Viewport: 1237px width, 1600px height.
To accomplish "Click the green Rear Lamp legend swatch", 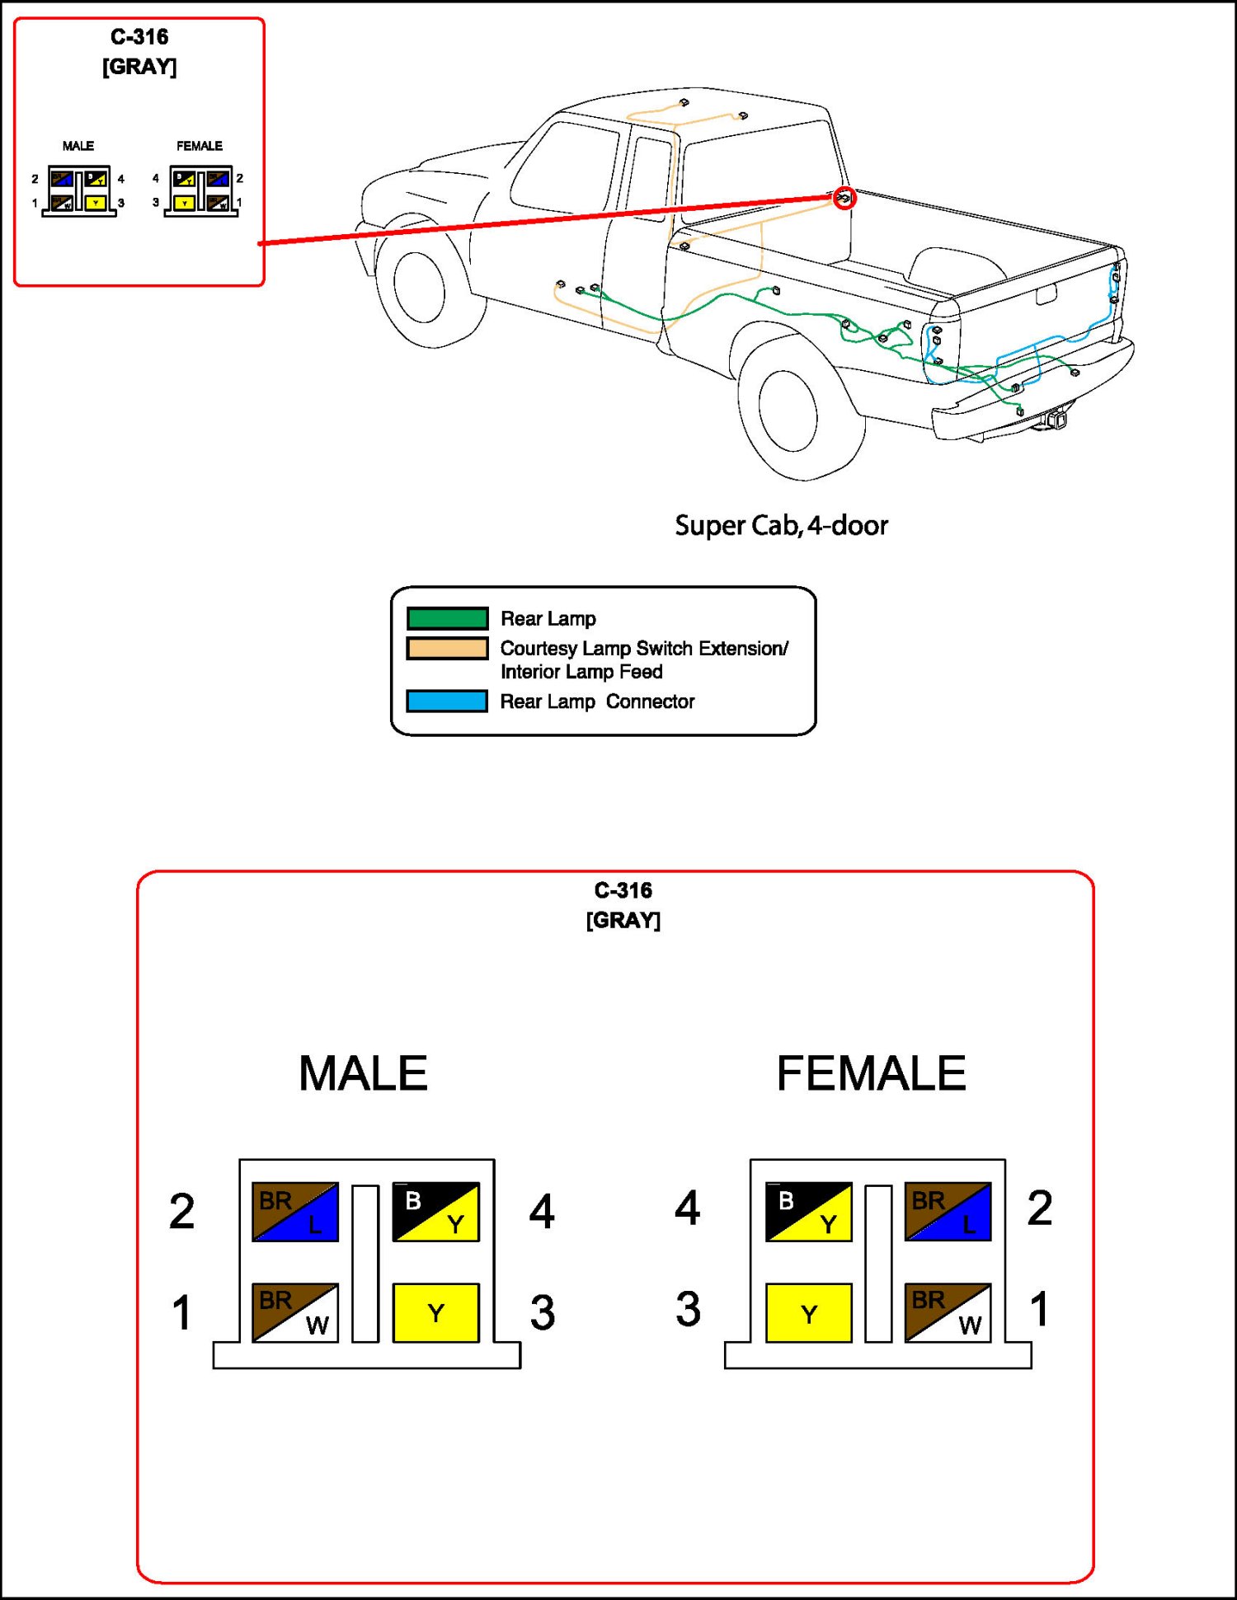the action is [x=447, y=618].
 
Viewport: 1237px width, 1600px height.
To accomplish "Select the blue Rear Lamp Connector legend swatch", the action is [x=447, y=701].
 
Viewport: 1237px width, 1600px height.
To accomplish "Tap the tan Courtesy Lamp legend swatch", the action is [x=447, y=649].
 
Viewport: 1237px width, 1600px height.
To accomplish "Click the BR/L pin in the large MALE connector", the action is [x=295, y=1212].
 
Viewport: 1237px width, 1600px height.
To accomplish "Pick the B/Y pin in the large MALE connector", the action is [x=435, y=1212].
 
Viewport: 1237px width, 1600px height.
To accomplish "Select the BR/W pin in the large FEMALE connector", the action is [x=948, y=1312].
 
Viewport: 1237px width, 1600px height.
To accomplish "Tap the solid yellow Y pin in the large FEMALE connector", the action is [x=808, y=1312].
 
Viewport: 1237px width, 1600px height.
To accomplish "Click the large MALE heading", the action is [x=363, y=1073].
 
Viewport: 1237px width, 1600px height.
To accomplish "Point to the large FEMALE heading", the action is [x=871, y=1073].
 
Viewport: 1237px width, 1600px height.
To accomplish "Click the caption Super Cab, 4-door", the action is [x=781, y=525].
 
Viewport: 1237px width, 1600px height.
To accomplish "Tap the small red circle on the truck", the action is [x=844, y=198].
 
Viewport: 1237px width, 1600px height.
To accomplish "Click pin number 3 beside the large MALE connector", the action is [x=542, y=1312].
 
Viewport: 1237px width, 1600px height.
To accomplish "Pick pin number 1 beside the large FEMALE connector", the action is [x=1040, y=1309].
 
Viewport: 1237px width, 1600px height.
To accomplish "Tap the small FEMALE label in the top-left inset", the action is [x=200, y=146].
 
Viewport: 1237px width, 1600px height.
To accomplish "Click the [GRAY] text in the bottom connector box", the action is [x=623, y=920].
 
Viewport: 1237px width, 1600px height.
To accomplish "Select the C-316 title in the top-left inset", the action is [x=139, y=37].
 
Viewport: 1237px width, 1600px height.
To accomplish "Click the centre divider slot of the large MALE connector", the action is [x=365, y=1263].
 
